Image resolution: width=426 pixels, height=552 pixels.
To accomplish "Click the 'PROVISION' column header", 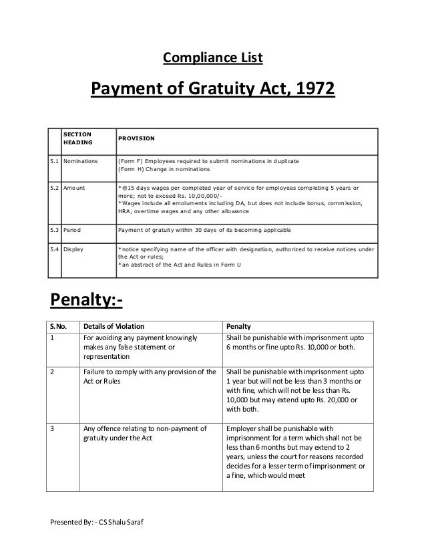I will coord(137,138).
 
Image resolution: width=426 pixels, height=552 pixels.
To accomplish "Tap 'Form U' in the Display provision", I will coord(231,265).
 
